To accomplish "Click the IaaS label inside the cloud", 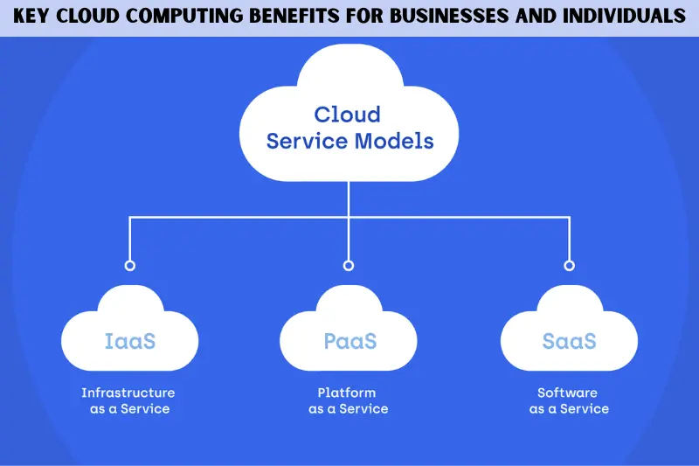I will pos(129,341).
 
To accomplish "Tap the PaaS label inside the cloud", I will pos(349,341).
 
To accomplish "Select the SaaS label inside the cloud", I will pos(569,341).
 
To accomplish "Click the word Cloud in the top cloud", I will pos(348,115).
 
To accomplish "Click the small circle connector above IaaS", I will pos(129,265).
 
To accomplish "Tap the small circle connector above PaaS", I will pos(349,265).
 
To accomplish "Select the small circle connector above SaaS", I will pos(569,265).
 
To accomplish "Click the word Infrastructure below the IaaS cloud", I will pos(128,393).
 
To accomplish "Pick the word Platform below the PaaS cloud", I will pos(348,393).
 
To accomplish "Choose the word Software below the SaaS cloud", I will pos(569,393).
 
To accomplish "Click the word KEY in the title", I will pos(32,17).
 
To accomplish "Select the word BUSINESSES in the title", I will pos(464,17).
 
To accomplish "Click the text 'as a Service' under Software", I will pos(569,409).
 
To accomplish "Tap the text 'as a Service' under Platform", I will pos(348,409).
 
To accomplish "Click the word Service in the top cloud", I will pos(307,141).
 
